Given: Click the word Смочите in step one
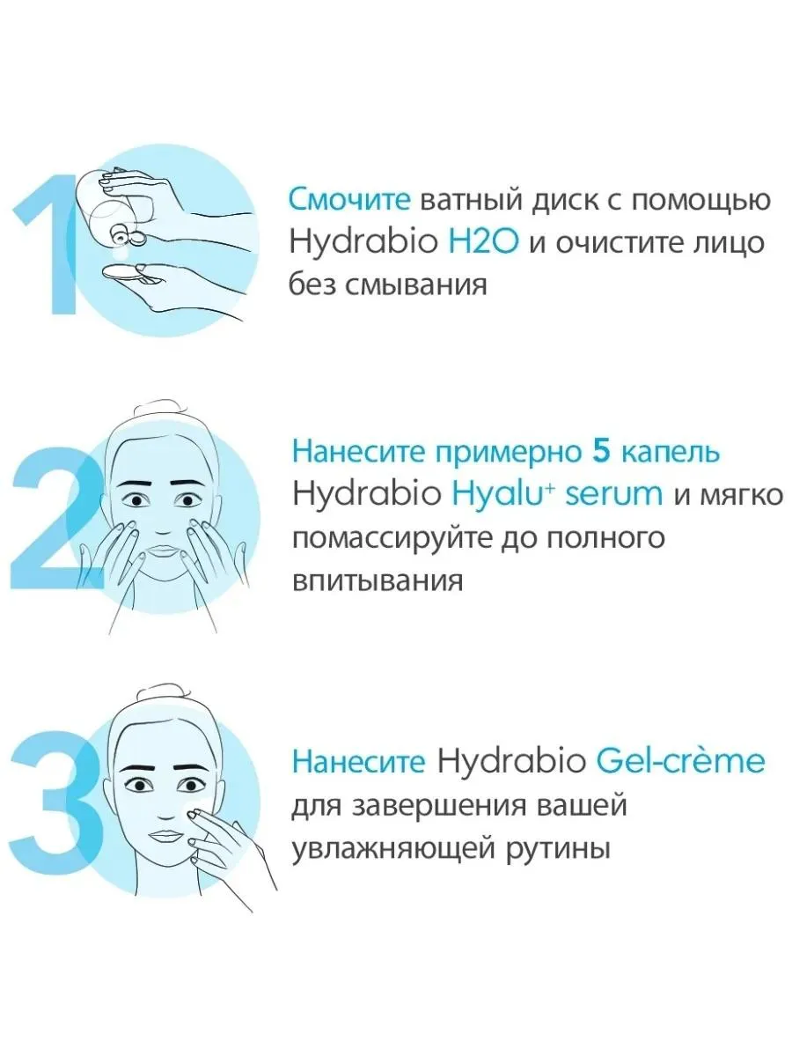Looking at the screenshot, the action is pyautogui.click(x=349, y=199).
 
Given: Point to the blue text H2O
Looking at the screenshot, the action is pyautogui.click(x=484, y=241).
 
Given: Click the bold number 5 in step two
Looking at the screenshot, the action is pyautogui.click(x=601, y=453).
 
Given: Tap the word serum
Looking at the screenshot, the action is pyautogui.click(x=613, y=495).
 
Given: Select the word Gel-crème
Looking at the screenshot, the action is pyautogui.click(x=680, y=761).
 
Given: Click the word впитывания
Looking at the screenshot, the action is pyautogui.click(x=378, y=580).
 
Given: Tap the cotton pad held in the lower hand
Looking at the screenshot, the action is pyautogui.click(x=121, y=271).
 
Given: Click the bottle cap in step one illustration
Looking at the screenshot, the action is pyautogui.click(x=119, y=235).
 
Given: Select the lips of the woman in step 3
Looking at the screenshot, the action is pyautogui.click(x=163, y=836).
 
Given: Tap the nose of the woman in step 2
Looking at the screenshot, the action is pyautogui.click(x=162, y=528).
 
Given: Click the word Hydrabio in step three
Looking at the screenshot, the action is pyautogui.click(x=511, y=762).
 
